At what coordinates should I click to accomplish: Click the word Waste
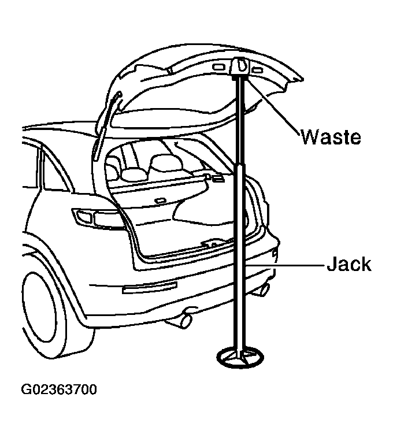coord(331,136)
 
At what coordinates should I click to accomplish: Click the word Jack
coord(349,263)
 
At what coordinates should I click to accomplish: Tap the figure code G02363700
coord(59,389)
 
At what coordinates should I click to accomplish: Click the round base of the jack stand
coord(240,357)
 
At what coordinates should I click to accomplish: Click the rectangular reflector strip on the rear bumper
coord(150,287)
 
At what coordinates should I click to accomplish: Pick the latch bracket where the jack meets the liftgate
coord(240,67)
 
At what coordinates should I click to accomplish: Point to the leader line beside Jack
coord(286,264)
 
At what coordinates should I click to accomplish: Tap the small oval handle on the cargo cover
coord(160,201)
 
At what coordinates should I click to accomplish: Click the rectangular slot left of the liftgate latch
coord(218,67)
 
